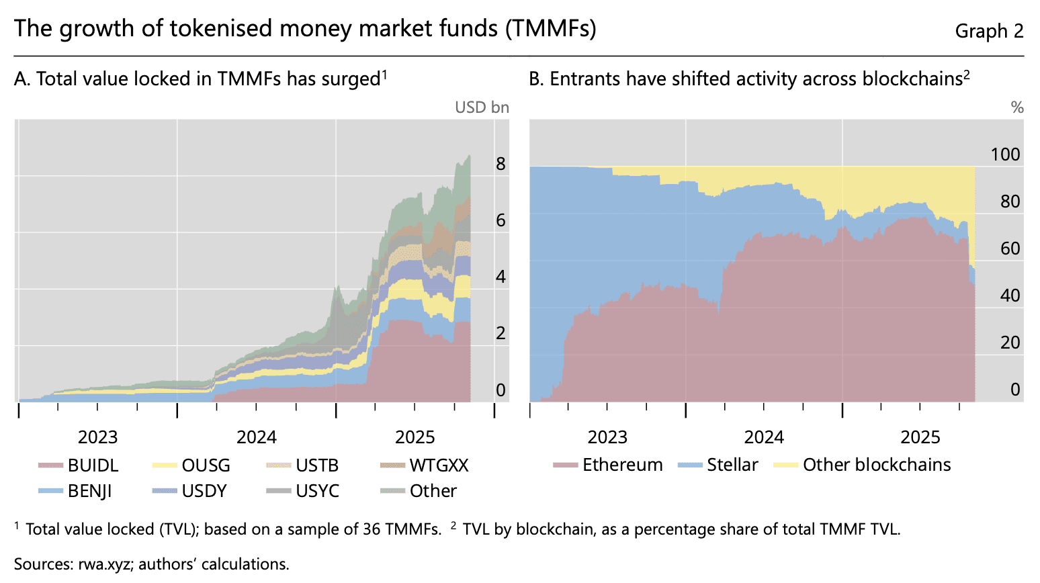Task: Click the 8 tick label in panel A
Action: pos(501,164)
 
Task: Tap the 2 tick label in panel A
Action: pos(501,333)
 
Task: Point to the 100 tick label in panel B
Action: pos(1005,154)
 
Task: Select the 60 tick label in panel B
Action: pos(1010,249)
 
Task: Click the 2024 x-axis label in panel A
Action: pos(257,437)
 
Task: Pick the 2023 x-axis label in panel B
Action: pos(607,437)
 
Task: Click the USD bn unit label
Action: pos(482,107)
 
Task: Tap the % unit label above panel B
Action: pos(1017,107)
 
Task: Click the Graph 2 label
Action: pos(989,31)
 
